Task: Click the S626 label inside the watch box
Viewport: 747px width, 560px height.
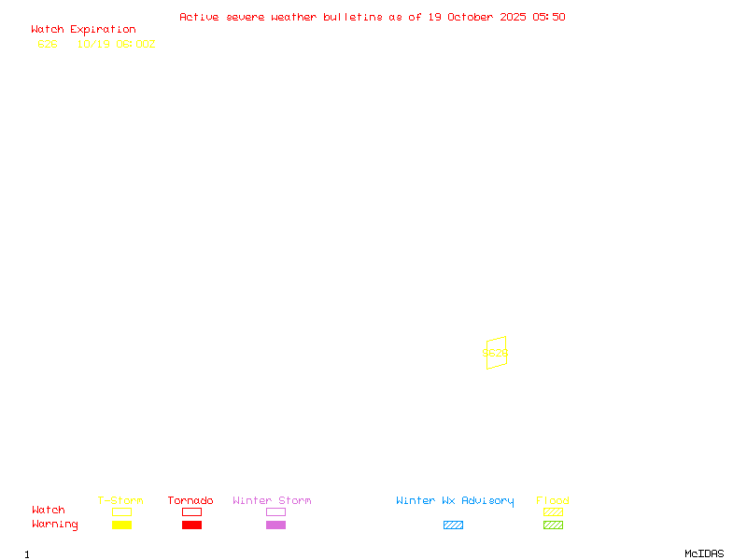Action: [495, 354]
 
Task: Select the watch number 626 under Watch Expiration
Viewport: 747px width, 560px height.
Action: [48, 44]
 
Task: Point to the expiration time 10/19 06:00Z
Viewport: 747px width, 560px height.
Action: [116, 44]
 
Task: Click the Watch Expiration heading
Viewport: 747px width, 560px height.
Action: [83, 30]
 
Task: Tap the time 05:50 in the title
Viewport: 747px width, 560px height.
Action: [549, 17]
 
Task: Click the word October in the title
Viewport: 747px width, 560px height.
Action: [477, 17]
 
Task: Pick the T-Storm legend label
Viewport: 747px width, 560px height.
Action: [120, 501]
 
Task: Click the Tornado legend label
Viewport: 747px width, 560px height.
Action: [190, 501]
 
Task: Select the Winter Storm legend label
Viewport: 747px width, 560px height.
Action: [272, 501]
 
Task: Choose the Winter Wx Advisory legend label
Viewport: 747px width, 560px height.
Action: [455, 501]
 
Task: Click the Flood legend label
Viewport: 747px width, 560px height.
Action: [553, 501]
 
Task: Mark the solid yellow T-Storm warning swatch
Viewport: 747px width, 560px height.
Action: [121, 525]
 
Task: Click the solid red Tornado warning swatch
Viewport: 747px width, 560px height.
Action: [191, 525]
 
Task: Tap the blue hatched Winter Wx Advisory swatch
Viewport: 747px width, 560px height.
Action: [453, 525]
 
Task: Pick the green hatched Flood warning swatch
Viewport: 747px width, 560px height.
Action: [553, 525]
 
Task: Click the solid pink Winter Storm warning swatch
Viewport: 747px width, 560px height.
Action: [275, 525]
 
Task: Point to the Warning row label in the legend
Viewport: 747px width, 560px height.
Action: [55, 525]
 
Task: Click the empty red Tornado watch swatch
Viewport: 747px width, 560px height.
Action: [191, 512]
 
